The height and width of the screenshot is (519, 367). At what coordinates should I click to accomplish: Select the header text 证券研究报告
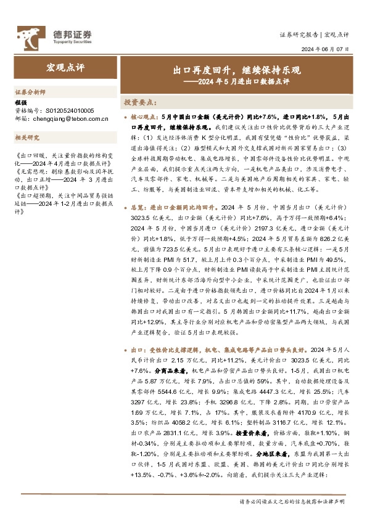[299, 35]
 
